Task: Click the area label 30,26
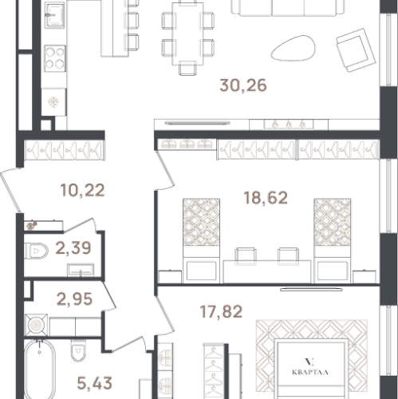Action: (x=243, y=85)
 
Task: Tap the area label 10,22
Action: (x=82, y=191)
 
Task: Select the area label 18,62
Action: (x=266, y=198)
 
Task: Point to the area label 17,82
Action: (x=221, y=311)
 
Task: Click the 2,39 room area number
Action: (x=73, y=248)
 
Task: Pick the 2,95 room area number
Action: (x=74, y=299)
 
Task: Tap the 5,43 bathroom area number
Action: (x=94, y=383)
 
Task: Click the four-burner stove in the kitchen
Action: (x=55, y=58)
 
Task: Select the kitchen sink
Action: (x=54, y=15)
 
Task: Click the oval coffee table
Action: (x=293, y=48)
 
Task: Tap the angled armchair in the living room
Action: (x=356, y=50)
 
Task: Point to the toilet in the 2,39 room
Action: (x=36, y=251)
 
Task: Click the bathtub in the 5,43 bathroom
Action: (x=40, y=369)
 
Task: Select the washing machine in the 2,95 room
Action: (x=37, y=325)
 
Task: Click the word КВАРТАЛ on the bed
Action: (x=310, y=372)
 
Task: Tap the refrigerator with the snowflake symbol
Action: (x=53, y=102)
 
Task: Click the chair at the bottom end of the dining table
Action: (x=187, y=68)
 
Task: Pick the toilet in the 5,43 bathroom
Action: (x=78, y=351)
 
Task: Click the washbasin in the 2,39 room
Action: (x=81, y=270)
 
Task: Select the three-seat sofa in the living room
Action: (x=288, y=7)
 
